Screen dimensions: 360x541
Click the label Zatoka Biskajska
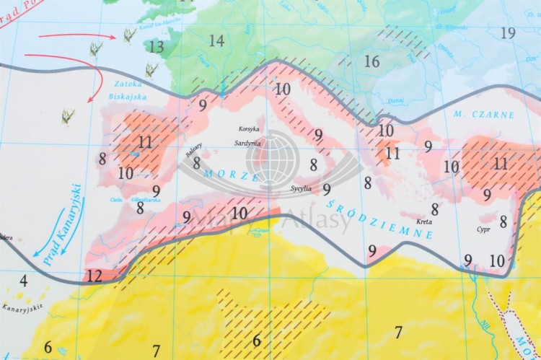point(127,89)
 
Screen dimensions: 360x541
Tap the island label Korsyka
point(249,129)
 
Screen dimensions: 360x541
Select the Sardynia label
point(247,143)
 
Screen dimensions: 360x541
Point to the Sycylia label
point(301,188)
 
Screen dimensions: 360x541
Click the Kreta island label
point(425,221)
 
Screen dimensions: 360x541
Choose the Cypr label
point(483,230)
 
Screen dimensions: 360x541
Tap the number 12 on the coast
point(94,275)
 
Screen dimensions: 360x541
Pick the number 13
point(157,47)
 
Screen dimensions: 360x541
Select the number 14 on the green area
point(216,40)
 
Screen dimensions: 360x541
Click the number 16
point(371,62)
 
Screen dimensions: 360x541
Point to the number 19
point(508,32)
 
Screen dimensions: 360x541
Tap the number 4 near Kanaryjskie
point(23,281)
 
